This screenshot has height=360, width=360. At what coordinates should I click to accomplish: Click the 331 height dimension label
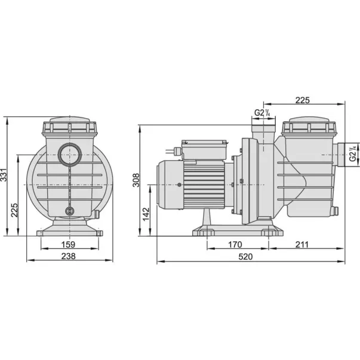click(4, 175)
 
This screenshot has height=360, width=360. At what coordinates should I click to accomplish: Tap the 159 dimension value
click(68, 245)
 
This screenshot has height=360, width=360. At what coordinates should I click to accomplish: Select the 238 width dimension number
click(69, 256)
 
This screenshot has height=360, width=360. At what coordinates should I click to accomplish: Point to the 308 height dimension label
click(136, 180)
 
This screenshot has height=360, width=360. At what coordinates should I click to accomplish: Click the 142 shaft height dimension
click(146, 214)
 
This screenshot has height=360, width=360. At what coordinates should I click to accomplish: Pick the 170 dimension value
click(235, 245)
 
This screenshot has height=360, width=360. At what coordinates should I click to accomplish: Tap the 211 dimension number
click(302, 245)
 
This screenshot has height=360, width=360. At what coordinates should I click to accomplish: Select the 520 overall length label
click(245, 257)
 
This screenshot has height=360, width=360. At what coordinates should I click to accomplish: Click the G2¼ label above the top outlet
click(262, 113)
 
